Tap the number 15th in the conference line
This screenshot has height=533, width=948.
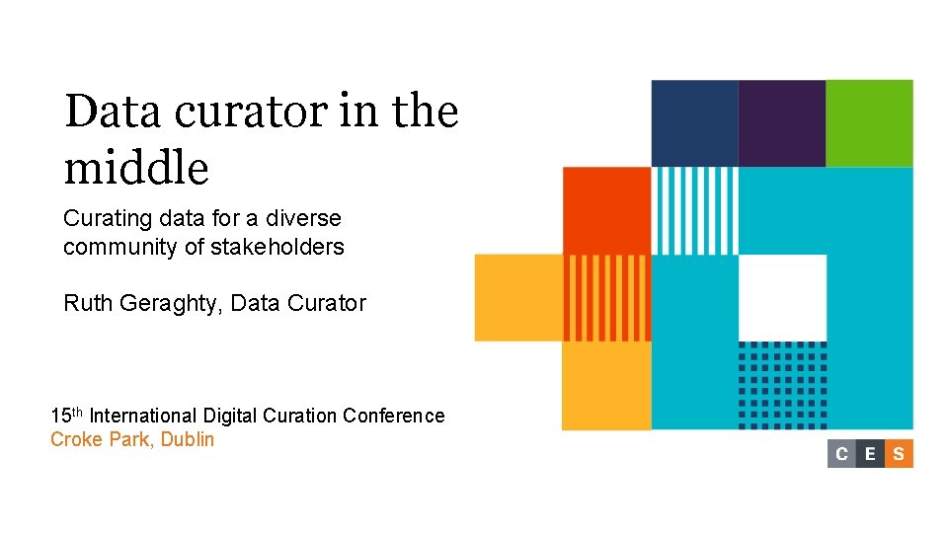click(x=67, y=415)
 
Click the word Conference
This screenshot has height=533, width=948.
click(x=394, y=416)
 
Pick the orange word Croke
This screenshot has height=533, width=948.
click(x=75, y=439)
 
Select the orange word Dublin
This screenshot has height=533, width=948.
click(x=187, y=439)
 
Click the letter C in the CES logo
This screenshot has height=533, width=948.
click(x=841, y=454)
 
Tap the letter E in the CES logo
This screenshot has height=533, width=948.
click(x=870, y=454)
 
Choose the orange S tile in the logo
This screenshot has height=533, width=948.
click(x=899, y=454)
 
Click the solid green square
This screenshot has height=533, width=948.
click(x=869, y=123)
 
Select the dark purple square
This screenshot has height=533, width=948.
click(x=782, y=123)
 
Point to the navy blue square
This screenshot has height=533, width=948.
click(x=694, y=123)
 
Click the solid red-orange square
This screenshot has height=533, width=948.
click(x=606, y=210)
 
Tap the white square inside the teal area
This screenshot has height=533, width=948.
click(x=782, y=297)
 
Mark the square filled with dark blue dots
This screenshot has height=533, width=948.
click(x=782, y=385)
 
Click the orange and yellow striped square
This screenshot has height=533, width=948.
click(x=606, y=297)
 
